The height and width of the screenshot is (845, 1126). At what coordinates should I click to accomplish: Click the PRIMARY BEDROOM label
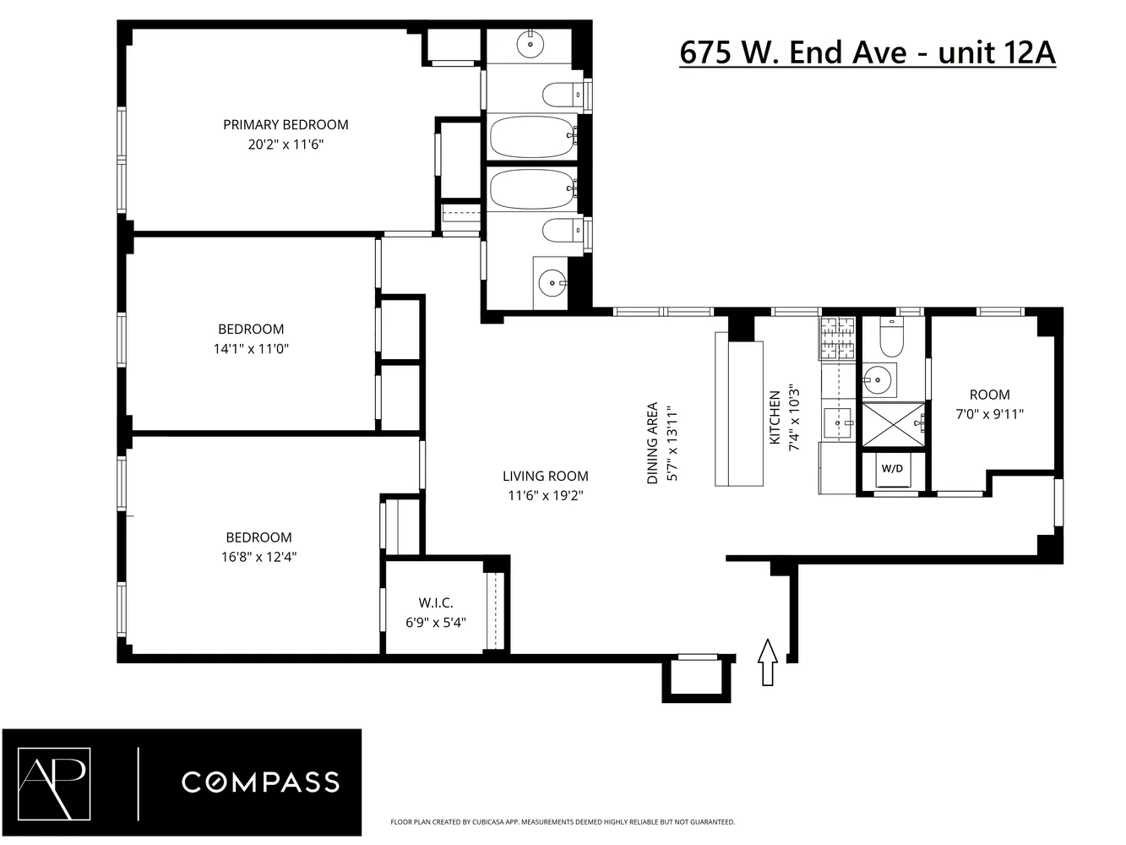286,125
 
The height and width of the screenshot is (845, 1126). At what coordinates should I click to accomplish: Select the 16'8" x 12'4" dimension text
258,557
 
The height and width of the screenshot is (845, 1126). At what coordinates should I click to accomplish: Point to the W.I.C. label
436,602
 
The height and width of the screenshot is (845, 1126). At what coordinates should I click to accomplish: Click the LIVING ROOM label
545,476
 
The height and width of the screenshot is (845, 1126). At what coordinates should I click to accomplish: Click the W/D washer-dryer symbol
892,470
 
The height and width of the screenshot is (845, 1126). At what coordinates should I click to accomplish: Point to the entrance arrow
767,662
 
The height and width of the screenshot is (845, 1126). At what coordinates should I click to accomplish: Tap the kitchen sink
840,418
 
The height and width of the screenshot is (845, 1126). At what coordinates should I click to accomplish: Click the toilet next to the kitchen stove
892,338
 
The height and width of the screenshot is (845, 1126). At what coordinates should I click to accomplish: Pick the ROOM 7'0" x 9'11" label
989,404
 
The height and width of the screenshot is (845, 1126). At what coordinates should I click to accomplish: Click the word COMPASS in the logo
260,782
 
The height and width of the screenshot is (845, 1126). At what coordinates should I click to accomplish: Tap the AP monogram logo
59,781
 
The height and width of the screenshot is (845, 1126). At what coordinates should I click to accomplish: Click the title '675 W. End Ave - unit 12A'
868,52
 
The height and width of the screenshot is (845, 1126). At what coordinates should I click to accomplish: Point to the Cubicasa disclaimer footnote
562,821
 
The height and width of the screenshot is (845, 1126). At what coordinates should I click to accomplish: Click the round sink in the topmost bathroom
531,41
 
